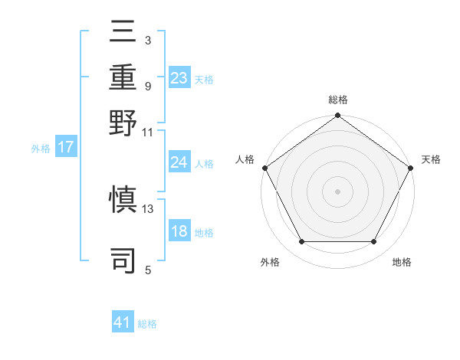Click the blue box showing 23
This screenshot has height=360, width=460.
pos(179,78)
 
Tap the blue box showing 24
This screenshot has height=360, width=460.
pos(179,162)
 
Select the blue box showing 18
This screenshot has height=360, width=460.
pos(179,231)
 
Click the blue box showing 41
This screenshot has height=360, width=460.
pos(123,323)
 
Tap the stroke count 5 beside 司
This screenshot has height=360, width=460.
pos(148,270)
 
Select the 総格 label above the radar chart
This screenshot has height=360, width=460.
pos(338,100)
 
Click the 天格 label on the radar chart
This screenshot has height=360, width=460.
pos(431,159)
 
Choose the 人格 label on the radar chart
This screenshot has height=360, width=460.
pos(245,159)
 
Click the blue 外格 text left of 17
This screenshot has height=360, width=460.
pos(41,149)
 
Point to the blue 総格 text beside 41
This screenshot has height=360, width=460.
pos(147,324)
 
